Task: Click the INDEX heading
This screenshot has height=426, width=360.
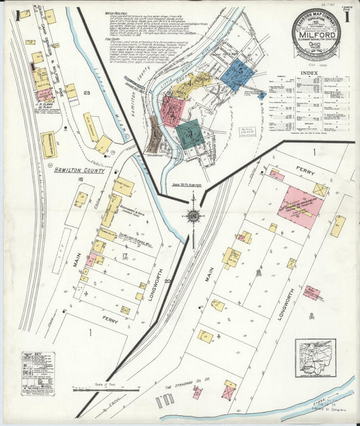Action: (309, 72)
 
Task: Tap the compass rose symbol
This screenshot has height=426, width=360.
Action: (195, 215)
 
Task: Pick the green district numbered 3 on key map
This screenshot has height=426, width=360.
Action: (190, 133)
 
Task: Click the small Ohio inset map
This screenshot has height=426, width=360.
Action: (315, 358)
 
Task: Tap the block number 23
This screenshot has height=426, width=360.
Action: (86, 93)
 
